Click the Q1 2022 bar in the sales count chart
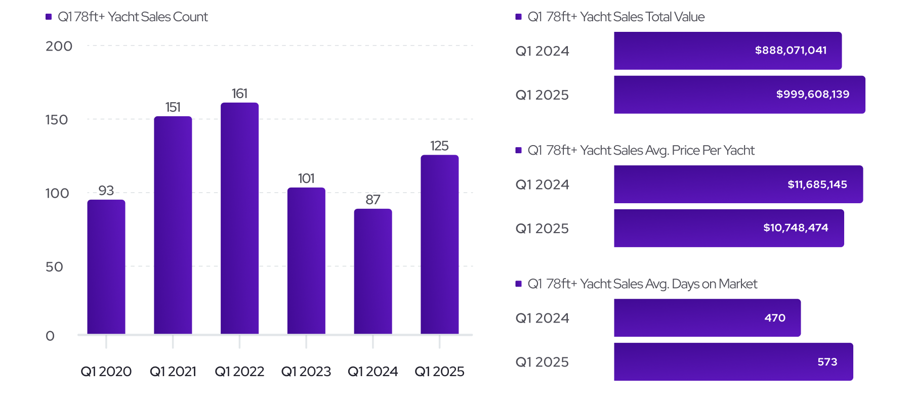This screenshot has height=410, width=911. click(x=239, y=218)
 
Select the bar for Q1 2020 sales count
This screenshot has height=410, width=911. click(x=106, y=267)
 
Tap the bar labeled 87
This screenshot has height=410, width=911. click(x=373, y=271)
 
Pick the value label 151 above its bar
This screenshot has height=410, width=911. click(x=173, y=107)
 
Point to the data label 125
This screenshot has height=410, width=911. click(x=439, y=146)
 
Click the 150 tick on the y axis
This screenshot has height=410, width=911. click(x=57, y=120)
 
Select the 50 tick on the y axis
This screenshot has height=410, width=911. click(x=54, y=267)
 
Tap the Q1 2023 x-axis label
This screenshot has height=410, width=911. click(x=306, y=372)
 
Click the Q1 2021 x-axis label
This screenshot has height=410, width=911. click(x=173, y=372)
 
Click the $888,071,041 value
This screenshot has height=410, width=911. click(x=791, y=50)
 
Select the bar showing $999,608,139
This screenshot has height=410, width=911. click(x=739, y=95)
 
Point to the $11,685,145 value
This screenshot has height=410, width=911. click(x=817, y=185)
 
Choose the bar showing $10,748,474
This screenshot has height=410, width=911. click(x=729, y=228)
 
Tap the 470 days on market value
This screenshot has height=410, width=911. click(x=775, y=318)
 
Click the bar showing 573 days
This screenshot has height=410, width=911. click(x=733, y=362)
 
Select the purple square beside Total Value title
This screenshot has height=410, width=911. click(x=518, y=17)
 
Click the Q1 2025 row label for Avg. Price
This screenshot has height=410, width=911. click(x=542, y=229)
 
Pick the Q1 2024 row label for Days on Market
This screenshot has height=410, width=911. click(x=542, y=318)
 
